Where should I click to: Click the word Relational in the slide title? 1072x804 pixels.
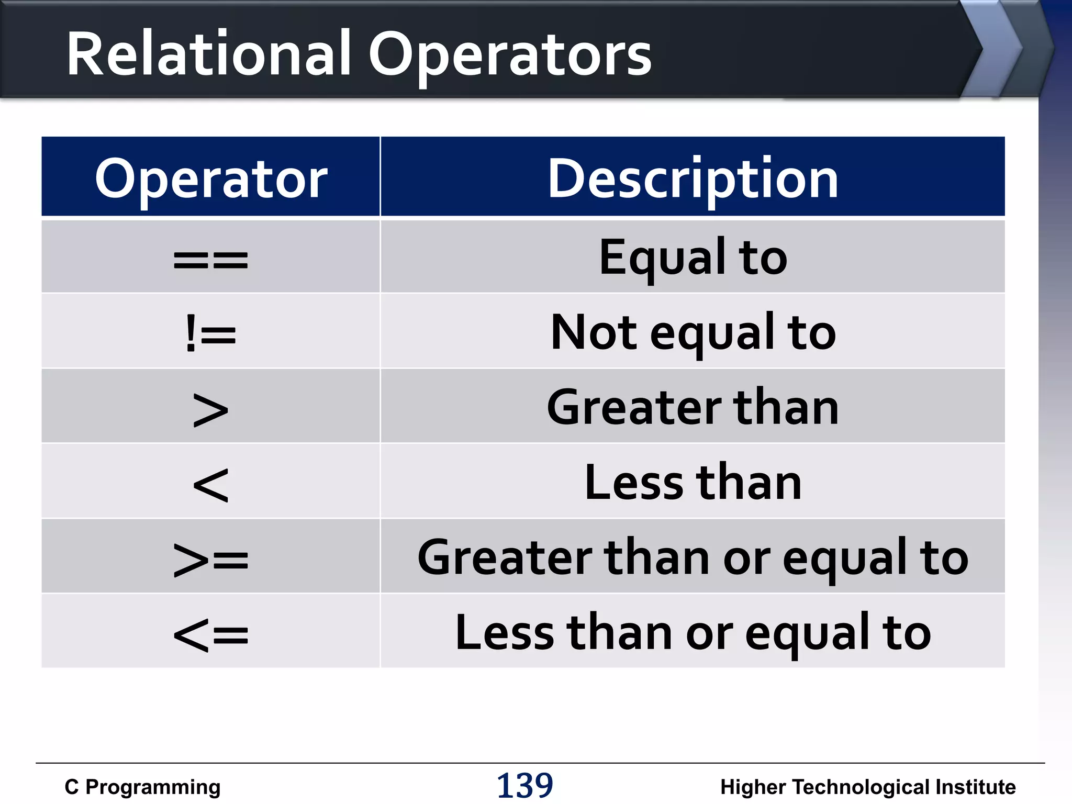tap(208, 54)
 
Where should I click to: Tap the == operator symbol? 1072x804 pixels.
tap(210, 260)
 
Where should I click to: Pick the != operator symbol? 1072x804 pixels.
tap(210, 333)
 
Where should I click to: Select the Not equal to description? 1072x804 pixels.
tap(693, 333)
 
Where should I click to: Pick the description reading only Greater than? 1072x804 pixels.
tap(693, 408)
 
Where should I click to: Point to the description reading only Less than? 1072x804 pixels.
tap(693, 483)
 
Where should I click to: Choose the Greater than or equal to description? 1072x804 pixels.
tap(693, 558)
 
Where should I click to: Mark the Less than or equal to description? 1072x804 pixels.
tap(693, 633)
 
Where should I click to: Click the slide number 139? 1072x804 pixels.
tap(524, 785)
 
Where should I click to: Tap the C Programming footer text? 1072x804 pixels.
tap(142, 787)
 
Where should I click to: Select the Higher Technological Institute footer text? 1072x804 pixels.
tap(868, 787)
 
